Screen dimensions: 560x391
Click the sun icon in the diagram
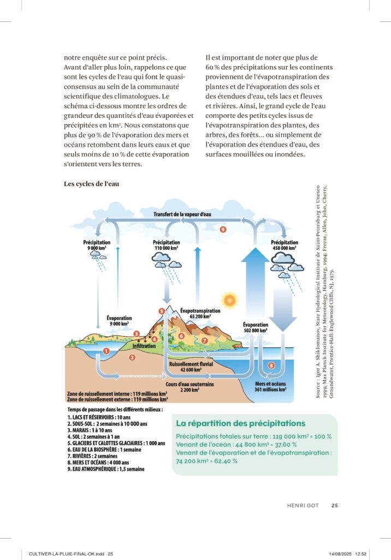point(229,300)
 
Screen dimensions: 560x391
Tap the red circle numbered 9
point(223,230)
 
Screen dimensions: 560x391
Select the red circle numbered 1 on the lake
point(106,351)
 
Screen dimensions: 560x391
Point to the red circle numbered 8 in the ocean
point(271,365)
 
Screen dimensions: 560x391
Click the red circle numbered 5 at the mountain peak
point(162,311)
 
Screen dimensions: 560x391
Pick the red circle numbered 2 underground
point(132,358)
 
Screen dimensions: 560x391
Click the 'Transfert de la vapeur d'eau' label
point(182,214)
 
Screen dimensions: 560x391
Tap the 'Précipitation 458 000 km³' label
point(285,245)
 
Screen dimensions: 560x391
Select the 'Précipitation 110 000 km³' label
point(166,245)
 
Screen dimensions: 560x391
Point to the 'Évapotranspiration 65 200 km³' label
point(200,313)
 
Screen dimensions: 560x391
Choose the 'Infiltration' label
point(144,346)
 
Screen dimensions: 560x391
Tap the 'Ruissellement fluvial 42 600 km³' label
point(191,366)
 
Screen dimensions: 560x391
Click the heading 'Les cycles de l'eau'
point(92,184)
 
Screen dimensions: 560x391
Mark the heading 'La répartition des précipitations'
point(240,423)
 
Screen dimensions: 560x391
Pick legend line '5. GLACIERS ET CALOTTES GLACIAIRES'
point(116,444)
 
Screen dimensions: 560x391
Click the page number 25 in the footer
point(334,505)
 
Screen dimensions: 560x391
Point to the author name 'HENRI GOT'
point(303,505)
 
